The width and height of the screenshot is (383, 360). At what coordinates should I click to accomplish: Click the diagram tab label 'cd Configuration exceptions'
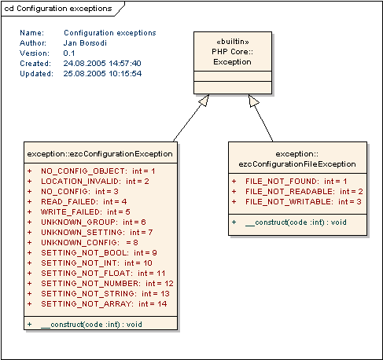click(58, 9)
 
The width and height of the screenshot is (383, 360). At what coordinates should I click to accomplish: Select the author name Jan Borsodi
click(85, 42)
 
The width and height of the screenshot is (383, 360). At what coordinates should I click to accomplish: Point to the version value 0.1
click(69, 53)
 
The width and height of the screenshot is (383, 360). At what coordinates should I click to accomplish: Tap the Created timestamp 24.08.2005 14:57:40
click(102, 63)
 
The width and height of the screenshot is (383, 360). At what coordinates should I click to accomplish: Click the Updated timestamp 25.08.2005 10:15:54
click(102, 73)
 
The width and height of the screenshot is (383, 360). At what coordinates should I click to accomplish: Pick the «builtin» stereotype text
click(233, 42)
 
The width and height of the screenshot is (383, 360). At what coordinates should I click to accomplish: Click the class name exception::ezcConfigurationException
click(100, 154)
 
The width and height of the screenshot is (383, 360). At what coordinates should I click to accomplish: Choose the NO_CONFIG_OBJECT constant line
click(98, 171)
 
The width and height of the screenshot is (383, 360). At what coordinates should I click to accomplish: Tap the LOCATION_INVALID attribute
click(95, 182)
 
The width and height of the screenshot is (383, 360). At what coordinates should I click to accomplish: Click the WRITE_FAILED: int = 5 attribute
click(86, 212)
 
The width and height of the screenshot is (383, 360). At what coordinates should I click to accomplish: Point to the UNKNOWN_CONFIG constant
click(90, 243)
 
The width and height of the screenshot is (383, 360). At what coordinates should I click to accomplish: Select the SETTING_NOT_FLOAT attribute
click(103, 274)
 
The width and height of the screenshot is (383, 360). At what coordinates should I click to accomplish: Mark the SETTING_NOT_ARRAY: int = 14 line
click(104, 304)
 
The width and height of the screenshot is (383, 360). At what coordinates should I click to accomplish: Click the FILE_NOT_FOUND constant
click(296, 182)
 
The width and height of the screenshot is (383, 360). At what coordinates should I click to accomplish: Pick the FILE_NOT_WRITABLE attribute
click(304, 202)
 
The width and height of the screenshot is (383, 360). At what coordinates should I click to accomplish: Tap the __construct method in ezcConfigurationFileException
click(296, 222)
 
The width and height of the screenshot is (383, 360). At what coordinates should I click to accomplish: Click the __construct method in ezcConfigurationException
click(91, 325)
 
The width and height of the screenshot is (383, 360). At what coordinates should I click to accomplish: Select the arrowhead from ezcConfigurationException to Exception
click(204, 100)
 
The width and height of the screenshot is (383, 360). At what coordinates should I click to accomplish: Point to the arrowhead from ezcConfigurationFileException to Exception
click(253, 101)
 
